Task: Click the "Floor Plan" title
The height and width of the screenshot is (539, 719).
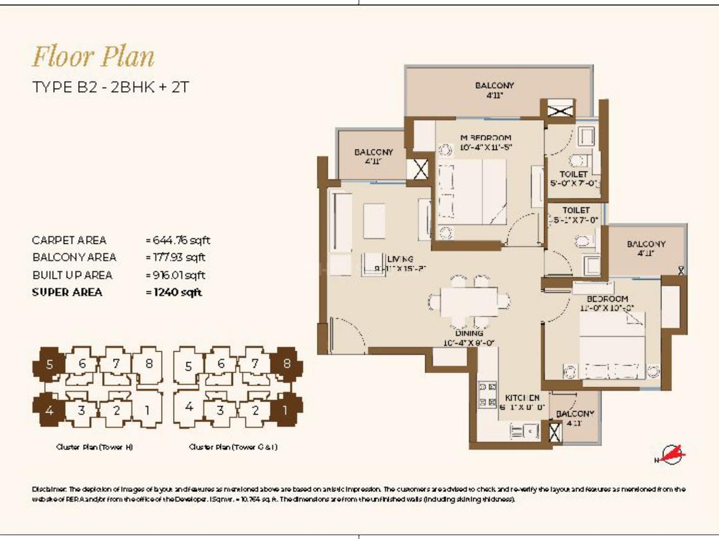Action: (93, 57)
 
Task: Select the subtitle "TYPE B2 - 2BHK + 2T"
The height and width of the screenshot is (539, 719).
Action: (110, 87)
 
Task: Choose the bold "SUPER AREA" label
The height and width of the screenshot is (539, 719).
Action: (67, 292)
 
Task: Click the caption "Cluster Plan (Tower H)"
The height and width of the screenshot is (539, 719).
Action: (94, 447)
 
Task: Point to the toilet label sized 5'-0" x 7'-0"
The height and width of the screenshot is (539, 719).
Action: (573, 179)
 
